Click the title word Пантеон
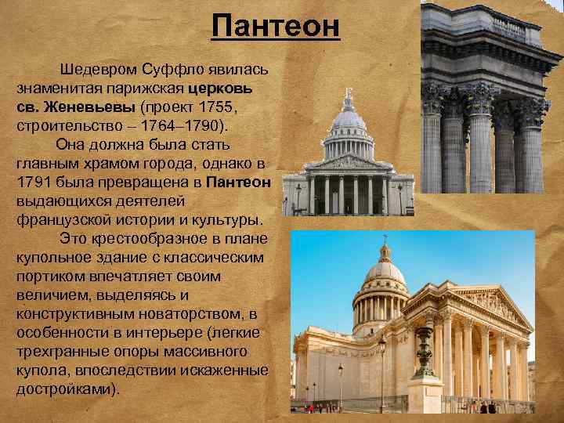pos(276,26)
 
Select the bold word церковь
pos(236,86)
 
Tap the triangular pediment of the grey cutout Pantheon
pos(348,163)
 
